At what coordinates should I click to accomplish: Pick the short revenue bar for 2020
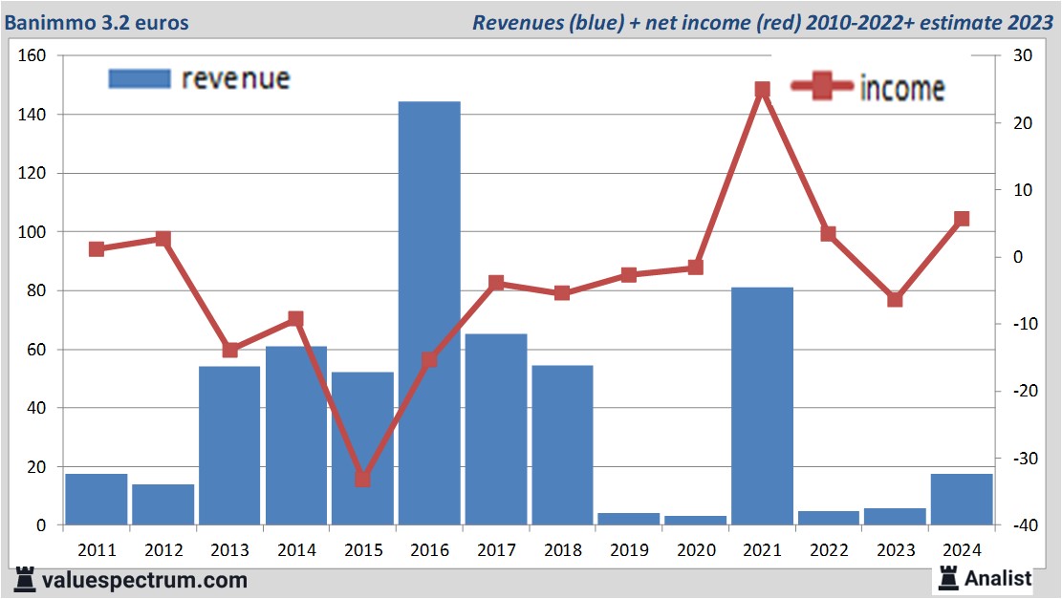coord(695,520)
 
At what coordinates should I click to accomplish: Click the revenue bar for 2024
coord(961,499)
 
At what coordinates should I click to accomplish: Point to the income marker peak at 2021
coord(762,90)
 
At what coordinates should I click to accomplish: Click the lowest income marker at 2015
coord(362,479)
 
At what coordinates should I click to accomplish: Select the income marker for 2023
coord(895,299)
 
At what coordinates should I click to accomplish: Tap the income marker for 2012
coord(163,239)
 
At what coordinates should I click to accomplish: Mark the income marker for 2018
coord(562,293)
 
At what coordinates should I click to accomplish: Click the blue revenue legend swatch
coord(139,78)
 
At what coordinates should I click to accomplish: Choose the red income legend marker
coord(821,87)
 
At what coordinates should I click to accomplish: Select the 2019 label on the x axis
coord(629,550)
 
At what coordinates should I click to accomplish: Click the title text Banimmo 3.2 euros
coord(97,22)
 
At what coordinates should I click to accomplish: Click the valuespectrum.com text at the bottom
coord(144,579)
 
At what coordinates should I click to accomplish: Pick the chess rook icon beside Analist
coord(949,577)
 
